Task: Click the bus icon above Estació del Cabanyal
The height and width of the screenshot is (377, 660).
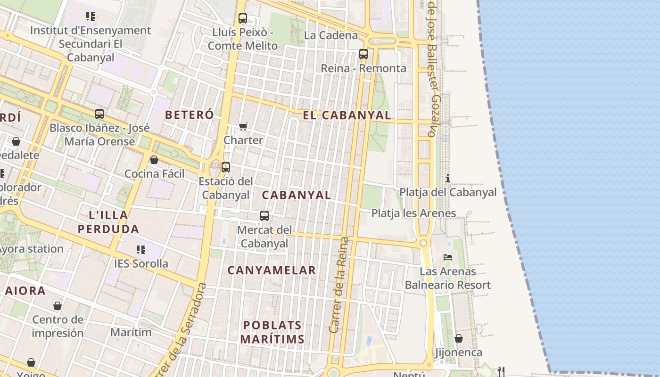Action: [x=226, y=167]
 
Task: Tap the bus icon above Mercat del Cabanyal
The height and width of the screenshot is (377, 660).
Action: [x=264, y=216]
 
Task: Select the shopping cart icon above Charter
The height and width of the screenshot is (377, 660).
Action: [x=243, y=126]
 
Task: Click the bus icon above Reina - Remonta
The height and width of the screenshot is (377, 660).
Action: [x=363, y=54]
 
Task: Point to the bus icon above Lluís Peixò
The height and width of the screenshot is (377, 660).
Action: [x=243, y=18]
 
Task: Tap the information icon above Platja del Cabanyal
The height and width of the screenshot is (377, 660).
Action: [x=447, y=178]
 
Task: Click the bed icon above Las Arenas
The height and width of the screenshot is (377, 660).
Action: [x=448, y=257]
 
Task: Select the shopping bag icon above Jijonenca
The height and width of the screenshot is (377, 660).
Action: [x=458, y=338]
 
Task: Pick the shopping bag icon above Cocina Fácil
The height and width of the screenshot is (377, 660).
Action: [x=154, y=160]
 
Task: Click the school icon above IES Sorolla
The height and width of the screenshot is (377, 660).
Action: [x=141, y=249]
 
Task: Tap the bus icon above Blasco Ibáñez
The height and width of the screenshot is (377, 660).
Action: [x=99, y=114]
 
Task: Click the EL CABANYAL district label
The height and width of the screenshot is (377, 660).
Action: [x=346, y=115]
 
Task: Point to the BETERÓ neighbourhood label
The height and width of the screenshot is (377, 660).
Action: [x=189, y=115]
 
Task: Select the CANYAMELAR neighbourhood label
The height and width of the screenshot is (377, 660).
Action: [x=272, y=270]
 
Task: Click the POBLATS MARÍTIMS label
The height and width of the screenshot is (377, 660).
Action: [x=272, y=332]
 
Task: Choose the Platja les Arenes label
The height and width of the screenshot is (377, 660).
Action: [x=413, y=213]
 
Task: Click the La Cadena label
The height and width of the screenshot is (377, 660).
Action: [x=331, y=35]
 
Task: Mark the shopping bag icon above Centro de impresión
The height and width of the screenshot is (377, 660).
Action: [x=58, y=306]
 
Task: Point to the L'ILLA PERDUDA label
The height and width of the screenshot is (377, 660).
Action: [x=108, y=222]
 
